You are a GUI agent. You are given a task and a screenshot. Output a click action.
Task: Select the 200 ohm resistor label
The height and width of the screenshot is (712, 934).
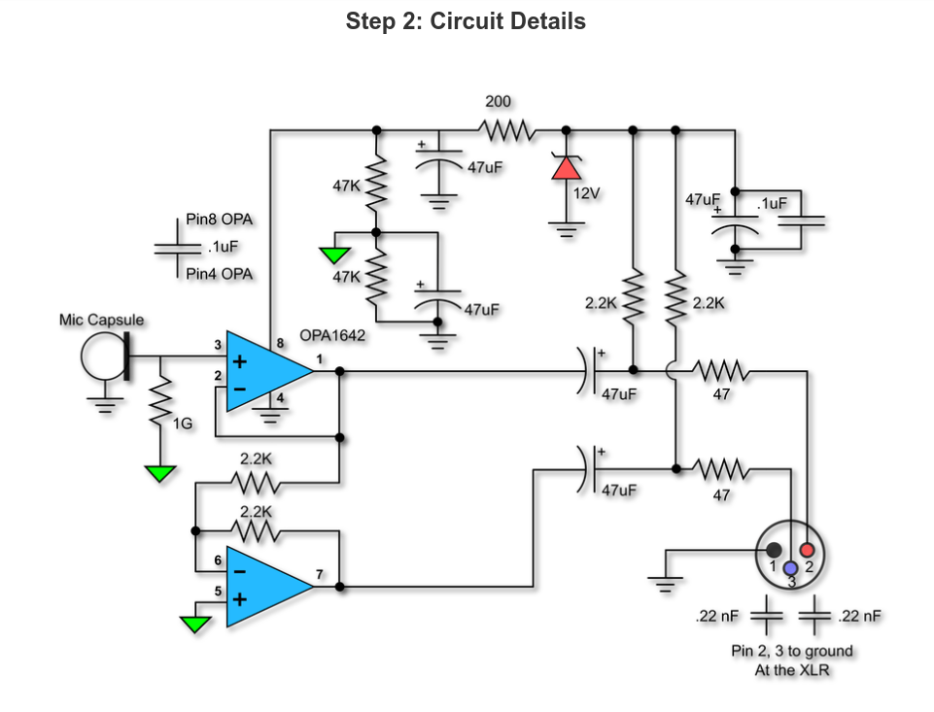(x=498, y=101)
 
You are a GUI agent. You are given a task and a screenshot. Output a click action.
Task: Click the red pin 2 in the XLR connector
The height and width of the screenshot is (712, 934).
(x=807, y=551)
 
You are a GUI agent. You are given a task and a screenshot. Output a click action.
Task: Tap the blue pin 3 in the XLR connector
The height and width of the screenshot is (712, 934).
(x=790, y=567)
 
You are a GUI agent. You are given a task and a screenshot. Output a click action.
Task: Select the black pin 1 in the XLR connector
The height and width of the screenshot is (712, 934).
(x=774, y=551)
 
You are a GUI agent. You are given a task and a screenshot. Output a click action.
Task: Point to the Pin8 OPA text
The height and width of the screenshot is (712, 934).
(x=219, y=220)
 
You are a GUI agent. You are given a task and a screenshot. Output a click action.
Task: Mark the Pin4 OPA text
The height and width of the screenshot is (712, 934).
(x=219, y=274)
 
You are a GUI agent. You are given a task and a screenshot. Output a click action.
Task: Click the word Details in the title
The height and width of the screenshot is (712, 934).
(x=545, y=21)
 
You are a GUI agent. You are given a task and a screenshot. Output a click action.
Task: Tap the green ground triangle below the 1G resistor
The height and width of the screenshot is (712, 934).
(x=159, y=474)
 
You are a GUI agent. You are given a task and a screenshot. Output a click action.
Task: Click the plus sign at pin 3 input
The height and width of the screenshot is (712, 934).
(x=239, y=362)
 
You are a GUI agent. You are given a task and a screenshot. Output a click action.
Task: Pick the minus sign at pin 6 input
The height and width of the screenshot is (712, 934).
(x=239, y=573)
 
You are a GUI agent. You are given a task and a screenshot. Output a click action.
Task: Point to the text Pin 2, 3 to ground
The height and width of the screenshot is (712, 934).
(x=792, y=651)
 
